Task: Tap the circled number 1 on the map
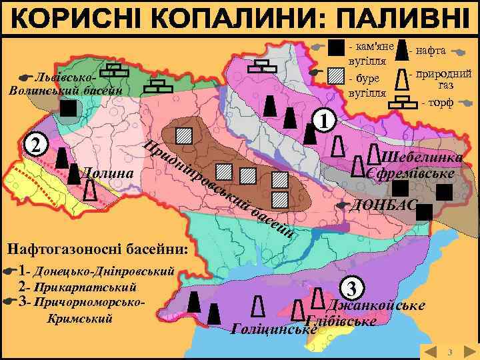click(323, 120)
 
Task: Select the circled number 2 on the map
click(36, 145)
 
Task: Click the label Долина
click(107, 175)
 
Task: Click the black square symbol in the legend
click(337, 49)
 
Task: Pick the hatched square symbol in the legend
click(337, 74)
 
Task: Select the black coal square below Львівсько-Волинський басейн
click(68, 109)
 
